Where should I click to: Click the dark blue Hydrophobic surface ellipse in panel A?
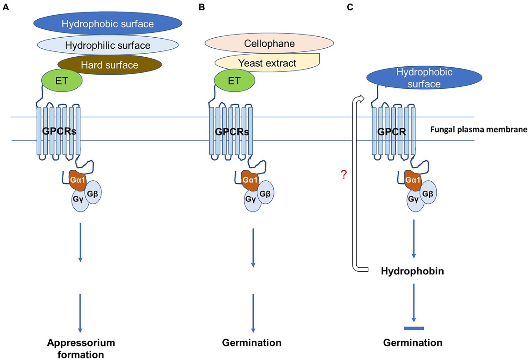(x=108, y=23)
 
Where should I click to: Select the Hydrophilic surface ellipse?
(x=108, y=45)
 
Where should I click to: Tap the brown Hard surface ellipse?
(x=109, y=65)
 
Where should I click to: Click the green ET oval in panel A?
(x=62, y=81)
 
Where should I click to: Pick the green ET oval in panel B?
(x=234, y=81)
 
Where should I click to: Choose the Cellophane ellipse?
(x=269, y=44)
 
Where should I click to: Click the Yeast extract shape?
(x=267, y=63)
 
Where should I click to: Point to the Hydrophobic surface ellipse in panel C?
(x=424, y=78)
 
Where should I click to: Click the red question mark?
(x=344, y=174)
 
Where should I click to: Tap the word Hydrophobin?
(x=412, y=271)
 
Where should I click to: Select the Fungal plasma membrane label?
(x=479, y=130)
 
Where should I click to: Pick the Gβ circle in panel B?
(x=265, y=193)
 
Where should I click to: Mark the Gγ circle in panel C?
(x=414, y=200)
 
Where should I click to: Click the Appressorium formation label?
(x=81, y=348)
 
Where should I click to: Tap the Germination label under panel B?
(x=252, y=343)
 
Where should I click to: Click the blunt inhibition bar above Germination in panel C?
(x=414, y=328)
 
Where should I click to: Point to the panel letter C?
(x=350, y=7)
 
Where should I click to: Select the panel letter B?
(x=202, y=7)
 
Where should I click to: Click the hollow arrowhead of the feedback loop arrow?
(x=361, y=99)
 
